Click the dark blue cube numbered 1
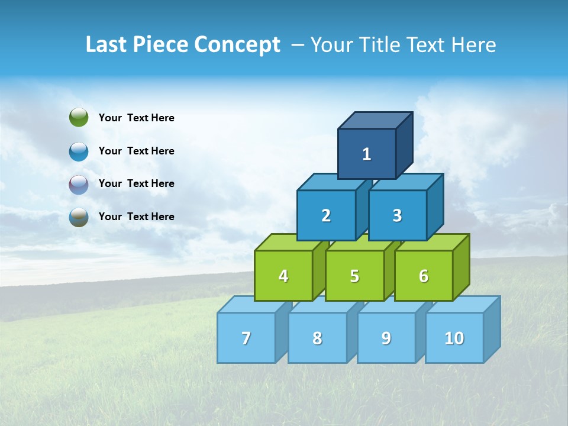pos(367,154)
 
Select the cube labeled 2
pos(326,215)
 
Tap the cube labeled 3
pos(397,215)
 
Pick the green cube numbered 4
pos(283,276)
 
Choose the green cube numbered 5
pos(354,276)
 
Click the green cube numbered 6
pos(424,276)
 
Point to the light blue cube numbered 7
pos(246,338)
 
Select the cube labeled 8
pos(317,338)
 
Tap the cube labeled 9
pos(386,338)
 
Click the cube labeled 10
pos(454,338)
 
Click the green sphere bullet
pos(79,118)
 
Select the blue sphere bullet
pos(79,151)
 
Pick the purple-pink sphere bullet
pos(79,184)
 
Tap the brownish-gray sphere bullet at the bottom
pos(79,217)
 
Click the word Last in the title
pos(106,44)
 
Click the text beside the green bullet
pos(137,118)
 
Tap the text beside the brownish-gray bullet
pos(137,217)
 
